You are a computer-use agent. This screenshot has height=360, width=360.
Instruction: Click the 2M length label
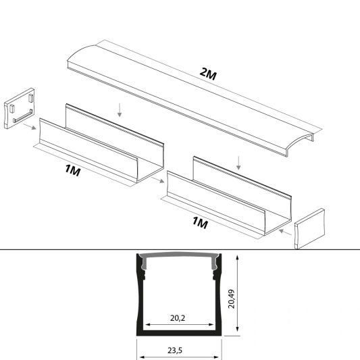(209, 74)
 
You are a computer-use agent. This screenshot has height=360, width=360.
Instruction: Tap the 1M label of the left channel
(73, 172)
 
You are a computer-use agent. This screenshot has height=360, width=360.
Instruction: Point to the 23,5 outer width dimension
(180, 351)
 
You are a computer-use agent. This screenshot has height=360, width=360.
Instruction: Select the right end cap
(309, 228)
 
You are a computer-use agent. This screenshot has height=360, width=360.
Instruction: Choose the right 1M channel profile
(230, 203)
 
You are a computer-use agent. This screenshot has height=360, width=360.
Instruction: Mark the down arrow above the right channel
(237, 163)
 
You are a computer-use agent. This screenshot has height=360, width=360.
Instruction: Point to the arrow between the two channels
(159, 181)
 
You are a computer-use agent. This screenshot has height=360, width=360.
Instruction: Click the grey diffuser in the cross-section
(180, 257)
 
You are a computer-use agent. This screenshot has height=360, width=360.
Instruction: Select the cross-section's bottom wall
(180, 332)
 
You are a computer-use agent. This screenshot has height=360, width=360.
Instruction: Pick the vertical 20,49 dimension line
(238, 293)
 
